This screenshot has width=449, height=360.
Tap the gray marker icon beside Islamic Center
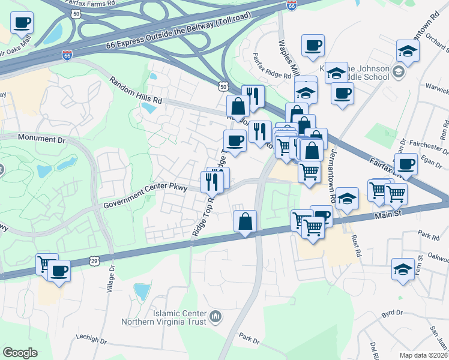(217, 316)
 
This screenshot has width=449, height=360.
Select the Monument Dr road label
(41, 139)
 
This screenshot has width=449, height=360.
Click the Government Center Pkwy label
(146, 196)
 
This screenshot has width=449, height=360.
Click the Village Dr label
(110, 293)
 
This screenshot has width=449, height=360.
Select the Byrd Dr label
(391, 313)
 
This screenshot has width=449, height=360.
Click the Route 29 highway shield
(94, 260)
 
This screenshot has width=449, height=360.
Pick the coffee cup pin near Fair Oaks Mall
(22, 24)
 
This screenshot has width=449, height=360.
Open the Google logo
(20, 352)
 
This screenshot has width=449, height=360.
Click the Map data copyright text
(424, 355)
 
